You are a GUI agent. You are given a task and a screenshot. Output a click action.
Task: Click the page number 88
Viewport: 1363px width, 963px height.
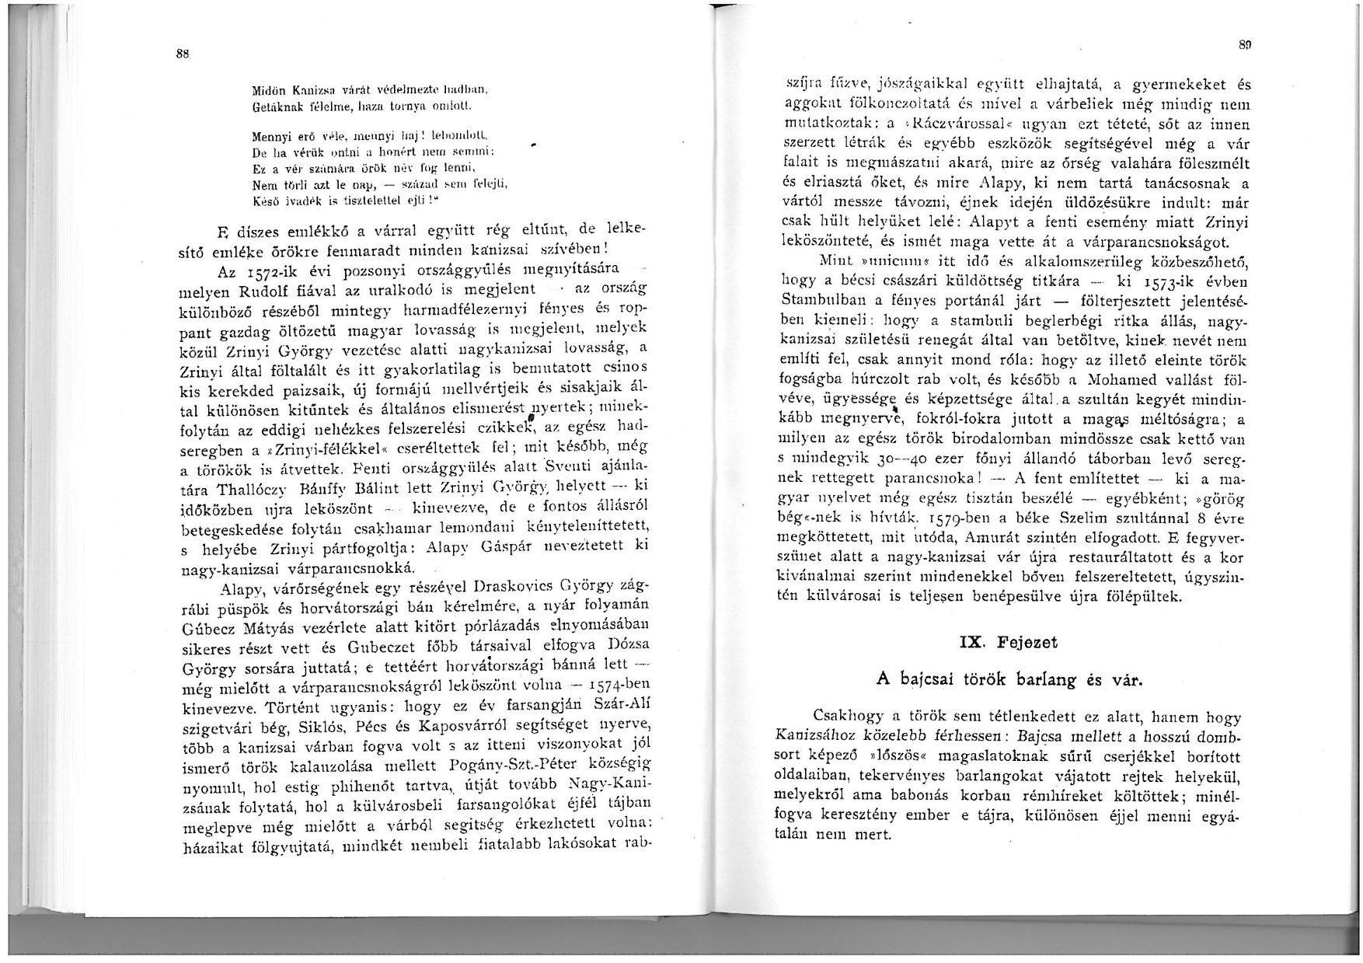[x=183, y=54]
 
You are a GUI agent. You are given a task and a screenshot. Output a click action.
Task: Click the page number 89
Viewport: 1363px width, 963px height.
[x=1243, y=47]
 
